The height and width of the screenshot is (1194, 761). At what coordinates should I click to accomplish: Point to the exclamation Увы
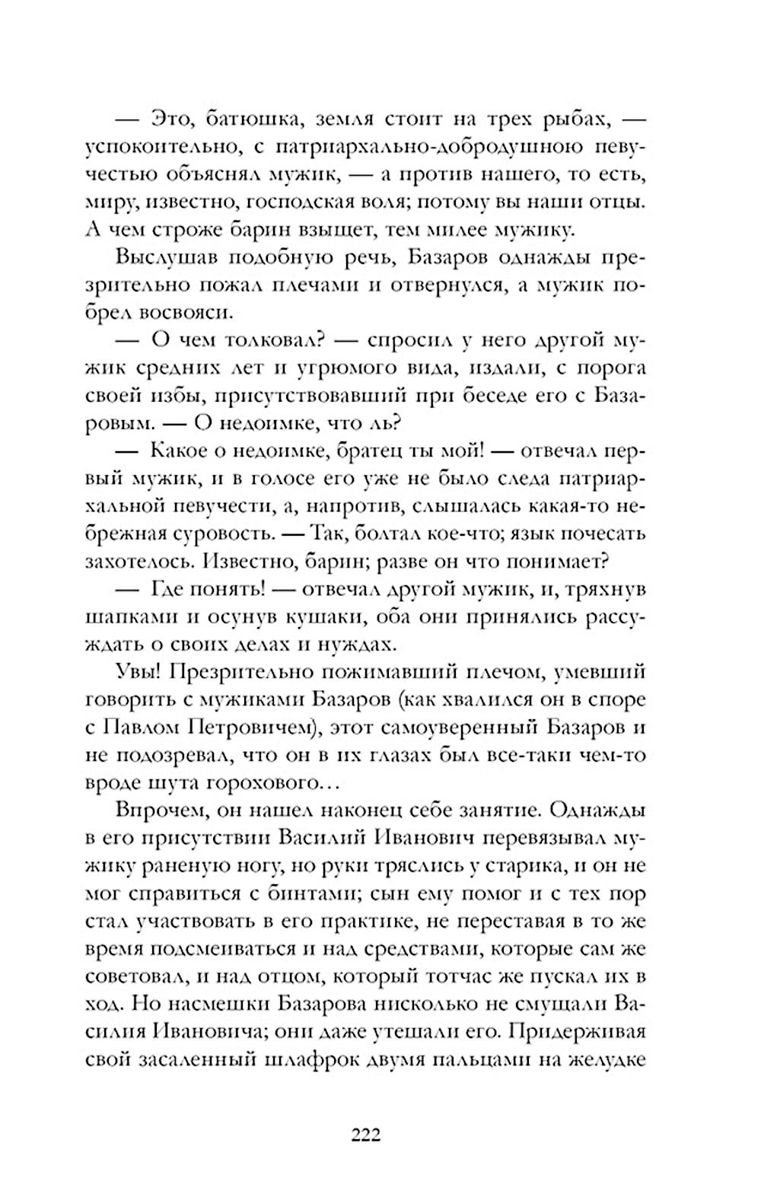coord(138,672)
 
